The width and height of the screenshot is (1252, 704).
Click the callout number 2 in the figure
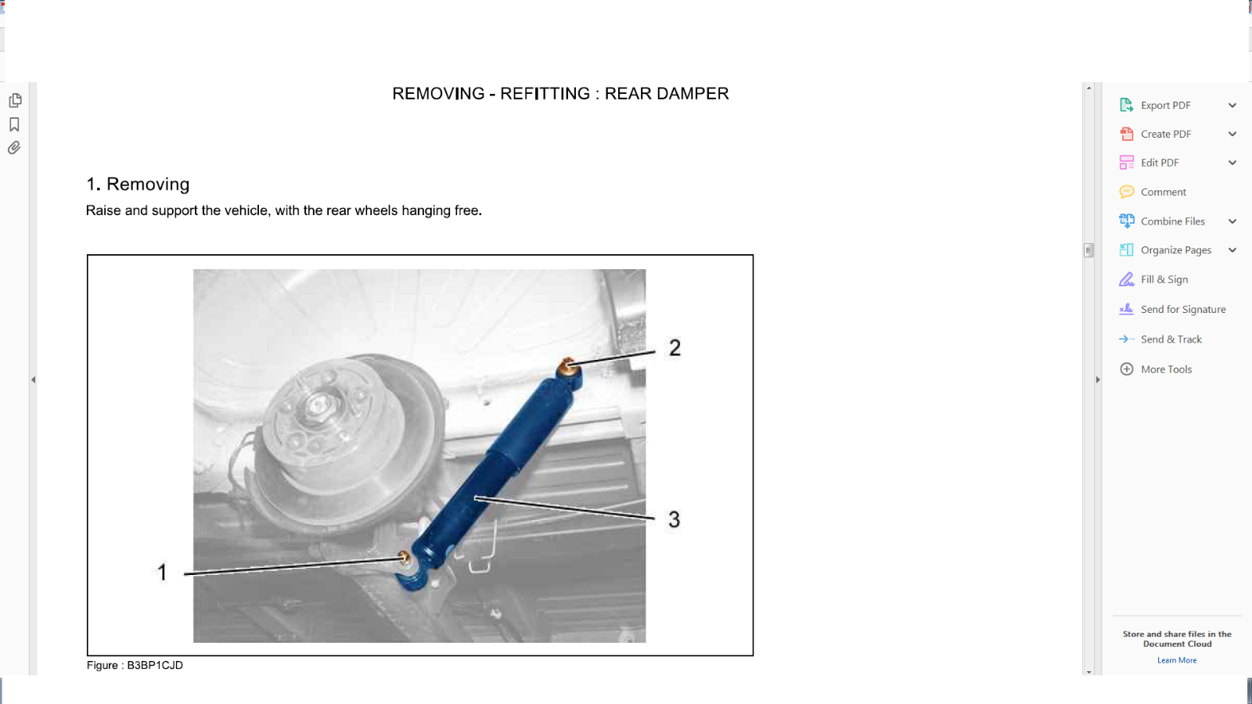(x=675, y=348)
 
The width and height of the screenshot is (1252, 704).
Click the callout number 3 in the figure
(x=674, y=519)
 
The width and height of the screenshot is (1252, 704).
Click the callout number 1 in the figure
(x=162, y=573)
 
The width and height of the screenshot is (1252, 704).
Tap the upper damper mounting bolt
(x=568, y=365)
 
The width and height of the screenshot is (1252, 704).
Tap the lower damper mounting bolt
(x=405, y=558)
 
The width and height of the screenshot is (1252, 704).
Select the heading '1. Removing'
(x=138, y=185)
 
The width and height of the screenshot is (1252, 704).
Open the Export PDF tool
(x=1165, y=106)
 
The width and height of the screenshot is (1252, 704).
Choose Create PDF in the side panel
(x=1165, y=135)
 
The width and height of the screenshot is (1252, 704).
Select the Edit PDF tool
(x=1159, y=163)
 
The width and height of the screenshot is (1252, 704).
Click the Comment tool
(x=1163, y=192)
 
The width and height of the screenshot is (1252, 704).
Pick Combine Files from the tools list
(x=1172, y=221)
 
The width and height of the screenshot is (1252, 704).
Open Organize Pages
(x=1175, y=250)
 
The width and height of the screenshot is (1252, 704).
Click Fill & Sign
(x=1164, y=280)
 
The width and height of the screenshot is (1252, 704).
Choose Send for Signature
(x=1182, y=310)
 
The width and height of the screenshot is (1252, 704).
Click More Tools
(x=1166, y=369)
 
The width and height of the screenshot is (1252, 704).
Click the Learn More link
(x=1177, y=660)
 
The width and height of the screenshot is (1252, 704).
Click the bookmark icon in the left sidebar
(x=14, y=124)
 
